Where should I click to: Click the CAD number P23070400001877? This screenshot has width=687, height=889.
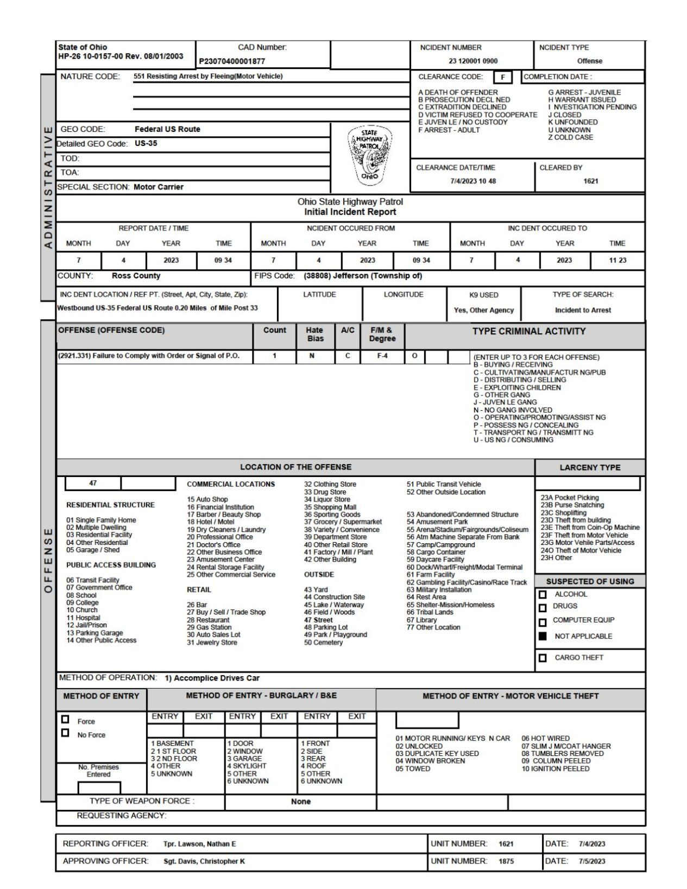click(x=232, y=61)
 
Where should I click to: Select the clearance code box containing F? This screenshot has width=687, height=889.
click(x=503, y=77)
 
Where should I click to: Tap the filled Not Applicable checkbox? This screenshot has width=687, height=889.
click(x=543, y=636)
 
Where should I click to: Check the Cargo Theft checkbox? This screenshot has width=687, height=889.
click(x=543, y=658)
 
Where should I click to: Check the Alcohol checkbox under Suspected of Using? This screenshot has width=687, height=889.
click(x=543, y=595)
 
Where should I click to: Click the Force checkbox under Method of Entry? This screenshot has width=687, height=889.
click(x=66, y=719)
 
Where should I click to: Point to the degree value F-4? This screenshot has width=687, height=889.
click(x=382, y=356)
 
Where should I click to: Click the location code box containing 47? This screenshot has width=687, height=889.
click(x=93, y=482)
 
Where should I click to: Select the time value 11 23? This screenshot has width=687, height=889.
click(x=617, y=261)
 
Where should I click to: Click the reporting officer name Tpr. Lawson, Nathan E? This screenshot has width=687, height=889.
click(x=200, y=844)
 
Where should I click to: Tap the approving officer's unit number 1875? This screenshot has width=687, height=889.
click(x=506, y=861)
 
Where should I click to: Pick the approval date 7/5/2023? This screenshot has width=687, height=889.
click(x=592, y=861)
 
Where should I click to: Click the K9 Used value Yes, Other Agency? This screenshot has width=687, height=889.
click(x=483, y=310)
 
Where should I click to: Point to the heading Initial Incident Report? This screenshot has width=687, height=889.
click(x=350, y=212)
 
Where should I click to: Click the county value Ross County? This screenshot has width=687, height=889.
click(x=136, y=276)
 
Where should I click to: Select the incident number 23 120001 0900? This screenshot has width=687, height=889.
click(x=473, y=61)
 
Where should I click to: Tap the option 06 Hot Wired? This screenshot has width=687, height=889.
click(x=545, y=738)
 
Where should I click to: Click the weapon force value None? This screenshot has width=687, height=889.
click(x=301, y=802)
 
